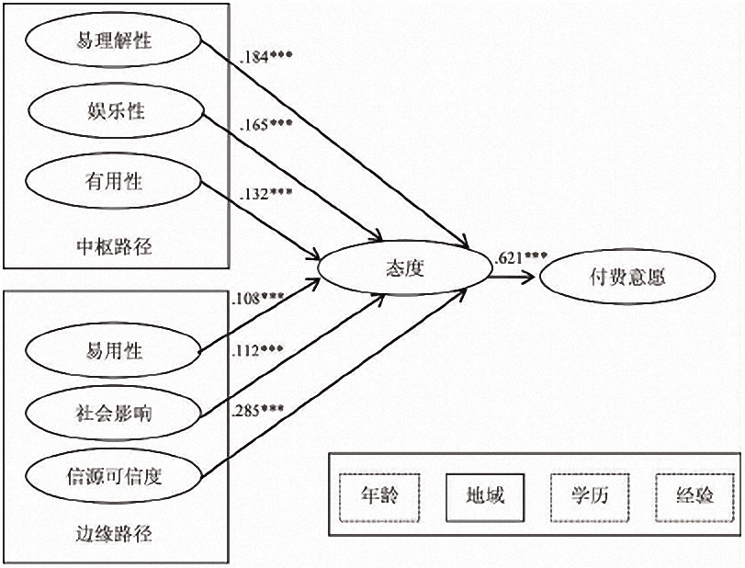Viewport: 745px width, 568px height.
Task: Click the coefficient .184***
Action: coord(266,57)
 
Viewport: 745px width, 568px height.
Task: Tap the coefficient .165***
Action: coord(266,125)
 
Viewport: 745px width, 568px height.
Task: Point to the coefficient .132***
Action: coord(266,194)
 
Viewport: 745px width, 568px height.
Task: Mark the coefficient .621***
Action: coord(521,258)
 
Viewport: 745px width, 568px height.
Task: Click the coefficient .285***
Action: coord(258,410)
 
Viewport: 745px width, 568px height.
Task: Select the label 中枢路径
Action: coord(114,246)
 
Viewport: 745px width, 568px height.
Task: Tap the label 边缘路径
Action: coord(114,535)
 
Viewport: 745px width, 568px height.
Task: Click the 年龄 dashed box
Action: coord(379,497)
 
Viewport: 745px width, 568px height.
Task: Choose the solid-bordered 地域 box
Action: coord(485,497)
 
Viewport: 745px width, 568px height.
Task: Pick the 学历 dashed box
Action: coord(590,497)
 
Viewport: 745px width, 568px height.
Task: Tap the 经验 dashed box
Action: coord(695,497)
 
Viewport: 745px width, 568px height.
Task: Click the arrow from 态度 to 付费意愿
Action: coord(514,277)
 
